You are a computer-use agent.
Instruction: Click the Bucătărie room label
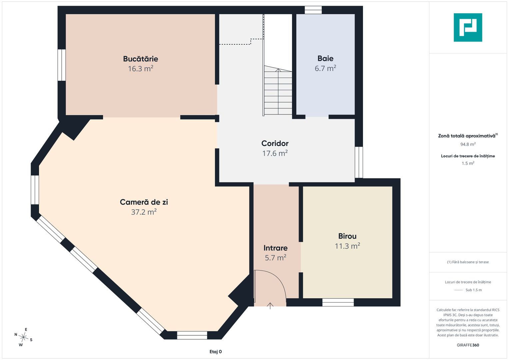140,59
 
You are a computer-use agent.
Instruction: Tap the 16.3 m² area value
140,68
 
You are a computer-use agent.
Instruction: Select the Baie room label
325,58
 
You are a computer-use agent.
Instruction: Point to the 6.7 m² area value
325,68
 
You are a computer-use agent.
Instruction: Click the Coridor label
275,143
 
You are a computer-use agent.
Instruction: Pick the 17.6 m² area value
275,153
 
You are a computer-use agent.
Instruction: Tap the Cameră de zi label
144,202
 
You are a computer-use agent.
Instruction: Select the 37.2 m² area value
144,212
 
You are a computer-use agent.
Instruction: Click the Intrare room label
275,248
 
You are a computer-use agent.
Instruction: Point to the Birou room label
347,236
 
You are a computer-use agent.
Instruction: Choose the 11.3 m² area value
347,246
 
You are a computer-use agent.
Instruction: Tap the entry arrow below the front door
270,306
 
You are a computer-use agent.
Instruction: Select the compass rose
23,337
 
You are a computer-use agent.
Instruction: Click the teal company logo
468,27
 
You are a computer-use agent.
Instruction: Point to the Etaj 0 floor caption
215,352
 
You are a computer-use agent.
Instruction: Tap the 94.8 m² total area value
468,144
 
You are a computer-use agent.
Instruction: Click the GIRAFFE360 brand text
468,345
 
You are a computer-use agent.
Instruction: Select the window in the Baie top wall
313,10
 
